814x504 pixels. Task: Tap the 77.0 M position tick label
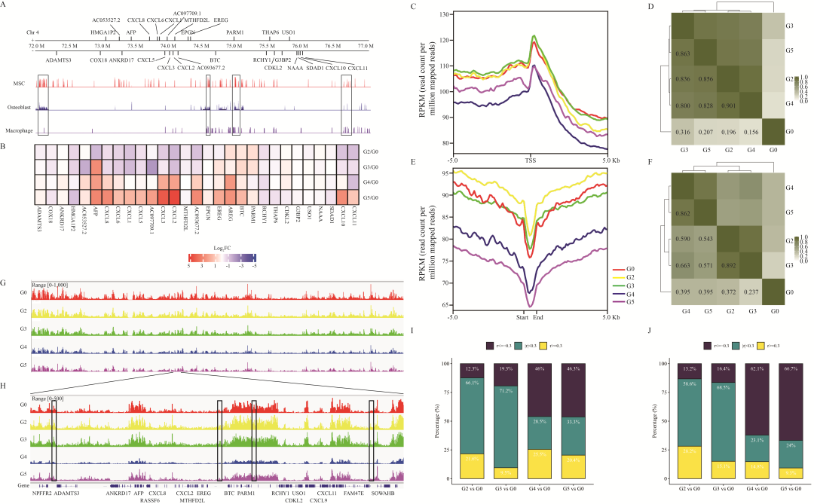366,47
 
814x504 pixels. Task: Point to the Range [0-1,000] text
50,284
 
